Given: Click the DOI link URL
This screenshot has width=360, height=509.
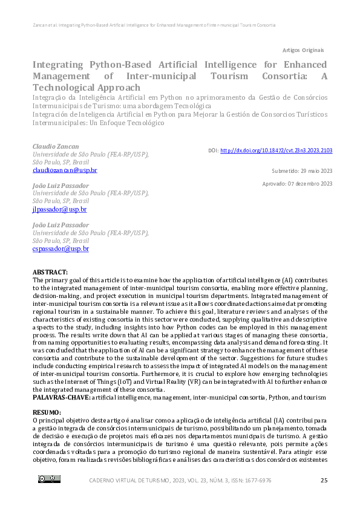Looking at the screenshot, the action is coord(276,151).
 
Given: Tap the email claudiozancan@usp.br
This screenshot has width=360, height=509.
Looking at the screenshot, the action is coord(64,170).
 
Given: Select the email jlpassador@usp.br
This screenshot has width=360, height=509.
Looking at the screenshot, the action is coord(59,210).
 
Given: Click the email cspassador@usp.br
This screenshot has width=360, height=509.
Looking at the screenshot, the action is coord(61,248).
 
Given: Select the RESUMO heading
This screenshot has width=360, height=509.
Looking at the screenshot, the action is coord(47,412).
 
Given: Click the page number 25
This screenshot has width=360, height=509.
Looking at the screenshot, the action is coord(324,480).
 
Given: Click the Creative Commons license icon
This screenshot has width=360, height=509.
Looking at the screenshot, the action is coord(49,479).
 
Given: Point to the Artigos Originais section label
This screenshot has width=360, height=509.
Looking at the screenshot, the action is coord(303,50).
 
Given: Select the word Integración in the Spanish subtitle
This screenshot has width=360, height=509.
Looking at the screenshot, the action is coord(49,113).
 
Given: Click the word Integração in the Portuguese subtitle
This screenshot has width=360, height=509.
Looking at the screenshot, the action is coord(48,97).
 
